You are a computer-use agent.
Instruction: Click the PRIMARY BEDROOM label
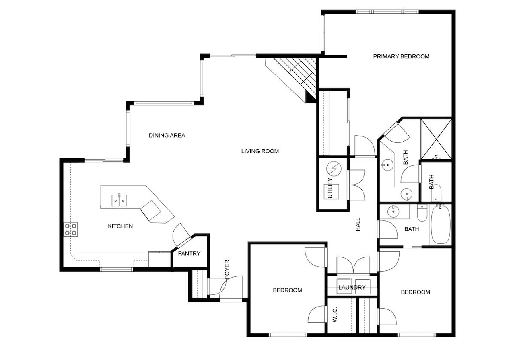click(x=401, y=56)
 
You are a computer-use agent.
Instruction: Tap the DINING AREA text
click(x=167, y=136)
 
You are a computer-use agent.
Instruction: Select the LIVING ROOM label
click(x=260, y=151)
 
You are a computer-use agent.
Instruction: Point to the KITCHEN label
click(x=120, y=226)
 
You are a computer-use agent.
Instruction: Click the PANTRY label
click(x=189, y=254)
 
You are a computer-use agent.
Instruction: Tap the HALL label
click(x=358, y=224)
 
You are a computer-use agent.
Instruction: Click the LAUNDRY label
click(x=352, y=287)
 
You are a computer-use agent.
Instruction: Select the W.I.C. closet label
click(x=335, y=315)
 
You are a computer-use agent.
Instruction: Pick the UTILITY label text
click(x=330, y=188)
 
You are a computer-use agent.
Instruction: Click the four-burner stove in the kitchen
click(x=70, y=229)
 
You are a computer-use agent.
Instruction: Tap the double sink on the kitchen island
click(x=119, y=200)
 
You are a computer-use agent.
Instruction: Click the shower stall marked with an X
click(x=436, y=139)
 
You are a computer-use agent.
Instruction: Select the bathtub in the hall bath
click(x=440, y=224)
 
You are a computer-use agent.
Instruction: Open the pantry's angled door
click(x=181, y=235)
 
